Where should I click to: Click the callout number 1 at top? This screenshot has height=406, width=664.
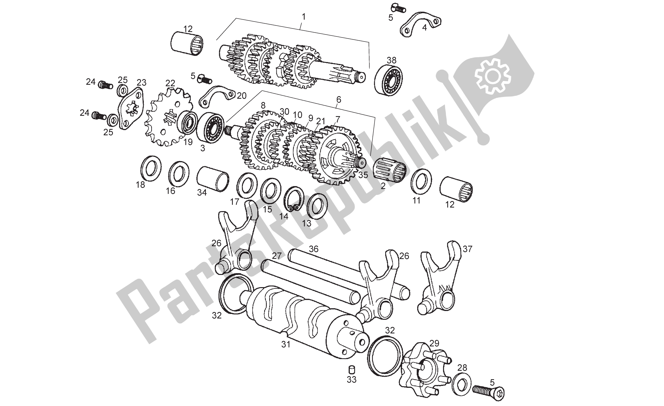pyautogui.click(x=304, y=17)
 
